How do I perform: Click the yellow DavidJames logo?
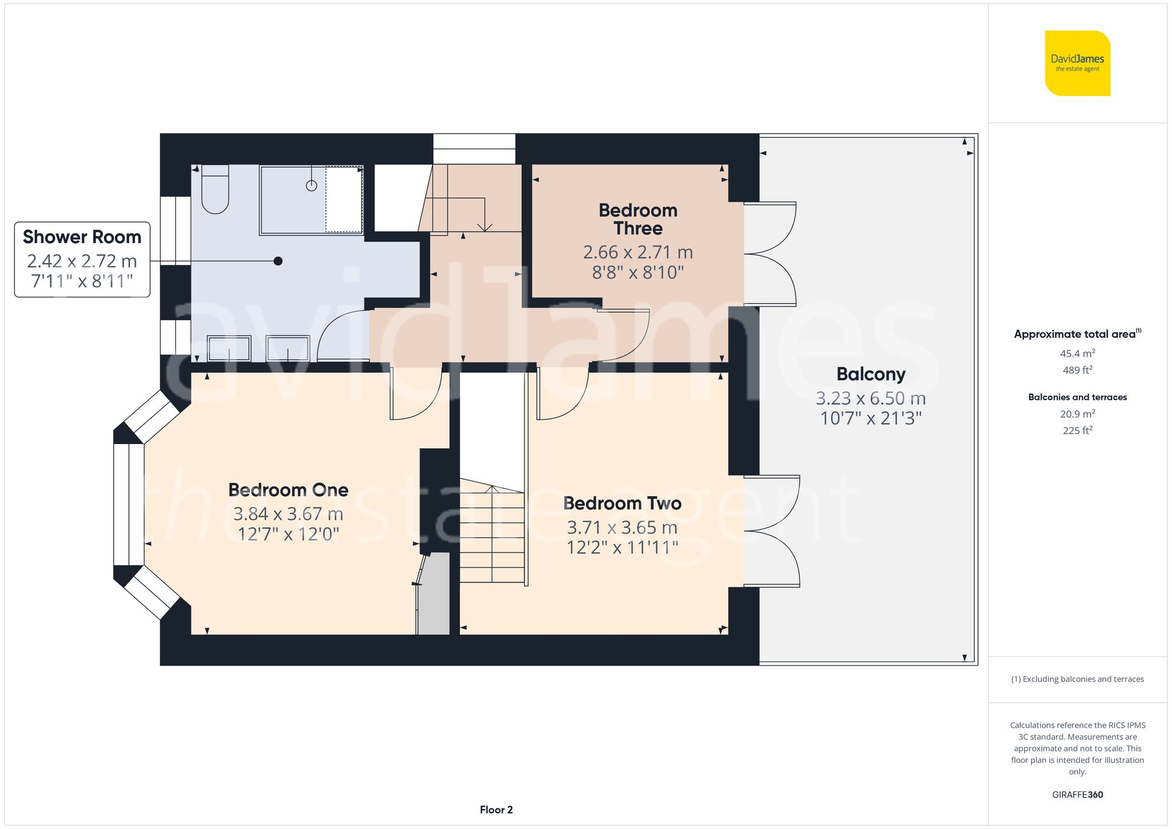[1077, 63]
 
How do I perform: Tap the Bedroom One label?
[288, 490]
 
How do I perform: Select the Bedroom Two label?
[622, 503]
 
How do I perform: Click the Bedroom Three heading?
[638, 219]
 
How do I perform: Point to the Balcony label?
[870, 374]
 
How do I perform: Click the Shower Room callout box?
[82, 259]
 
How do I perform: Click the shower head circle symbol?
[312, 186]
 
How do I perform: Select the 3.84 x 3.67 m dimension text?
[288, 514]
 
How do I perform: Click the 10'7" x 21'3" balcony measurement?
[870, 418]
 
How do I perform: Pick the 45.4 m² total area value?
[1077, 353]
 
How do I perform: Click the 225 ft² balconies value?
[1077, 431]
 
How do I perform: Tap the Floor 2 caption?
[496, 810]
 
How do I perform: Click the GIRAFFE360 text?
[1077, 795]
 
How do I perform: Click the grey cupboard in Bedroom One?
[434, 595]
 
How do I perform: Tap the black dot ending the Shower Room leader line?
[278, 261]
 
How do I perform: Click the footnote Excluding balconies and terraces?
[1077, 680]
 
